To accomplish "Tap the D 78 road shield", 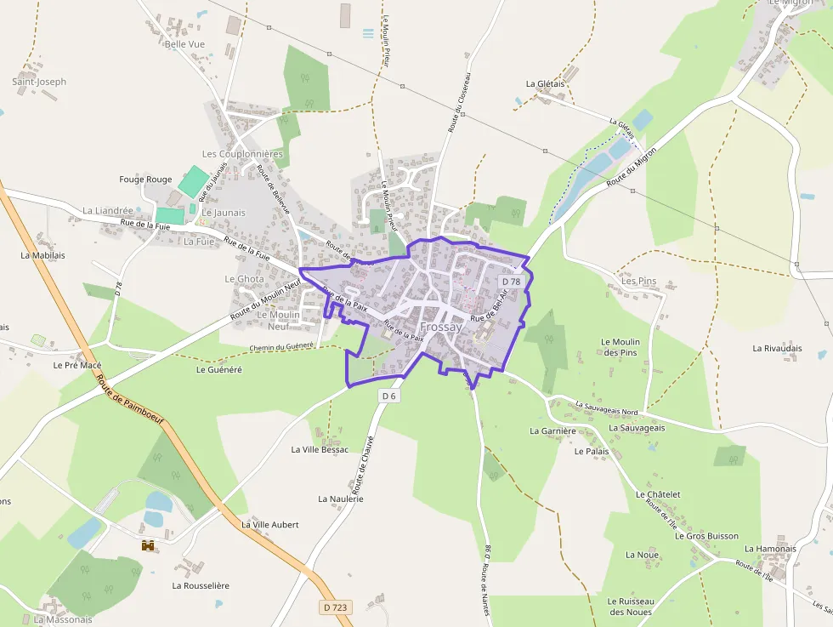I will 510,282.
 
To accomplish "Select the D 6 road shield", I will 389,396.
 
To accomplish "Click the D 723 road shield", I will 336,607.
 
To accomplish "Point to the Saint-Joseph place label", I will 39,82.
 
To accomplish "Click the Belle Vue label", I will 185,43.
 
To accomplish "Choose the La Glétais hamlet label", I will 545,83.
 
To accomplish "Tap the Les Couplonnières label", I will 242,154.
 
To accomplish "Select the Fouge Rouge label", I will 145,180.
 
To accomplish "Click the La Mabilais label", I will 42,254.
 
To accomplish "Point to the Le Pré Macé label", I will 77,365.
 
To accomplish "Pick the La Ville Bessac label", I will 320,449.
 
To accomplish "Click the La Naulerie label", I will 341,499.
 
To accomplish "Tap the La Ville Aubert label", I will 270,525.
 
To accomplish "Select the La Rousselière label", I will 201,585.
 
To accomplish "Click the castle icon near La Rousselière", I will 148,545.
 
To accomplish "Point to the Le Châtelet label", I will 658,494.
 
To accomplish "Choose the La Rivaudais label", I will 777,348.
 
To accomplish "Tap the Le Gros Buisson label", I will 706,537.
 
